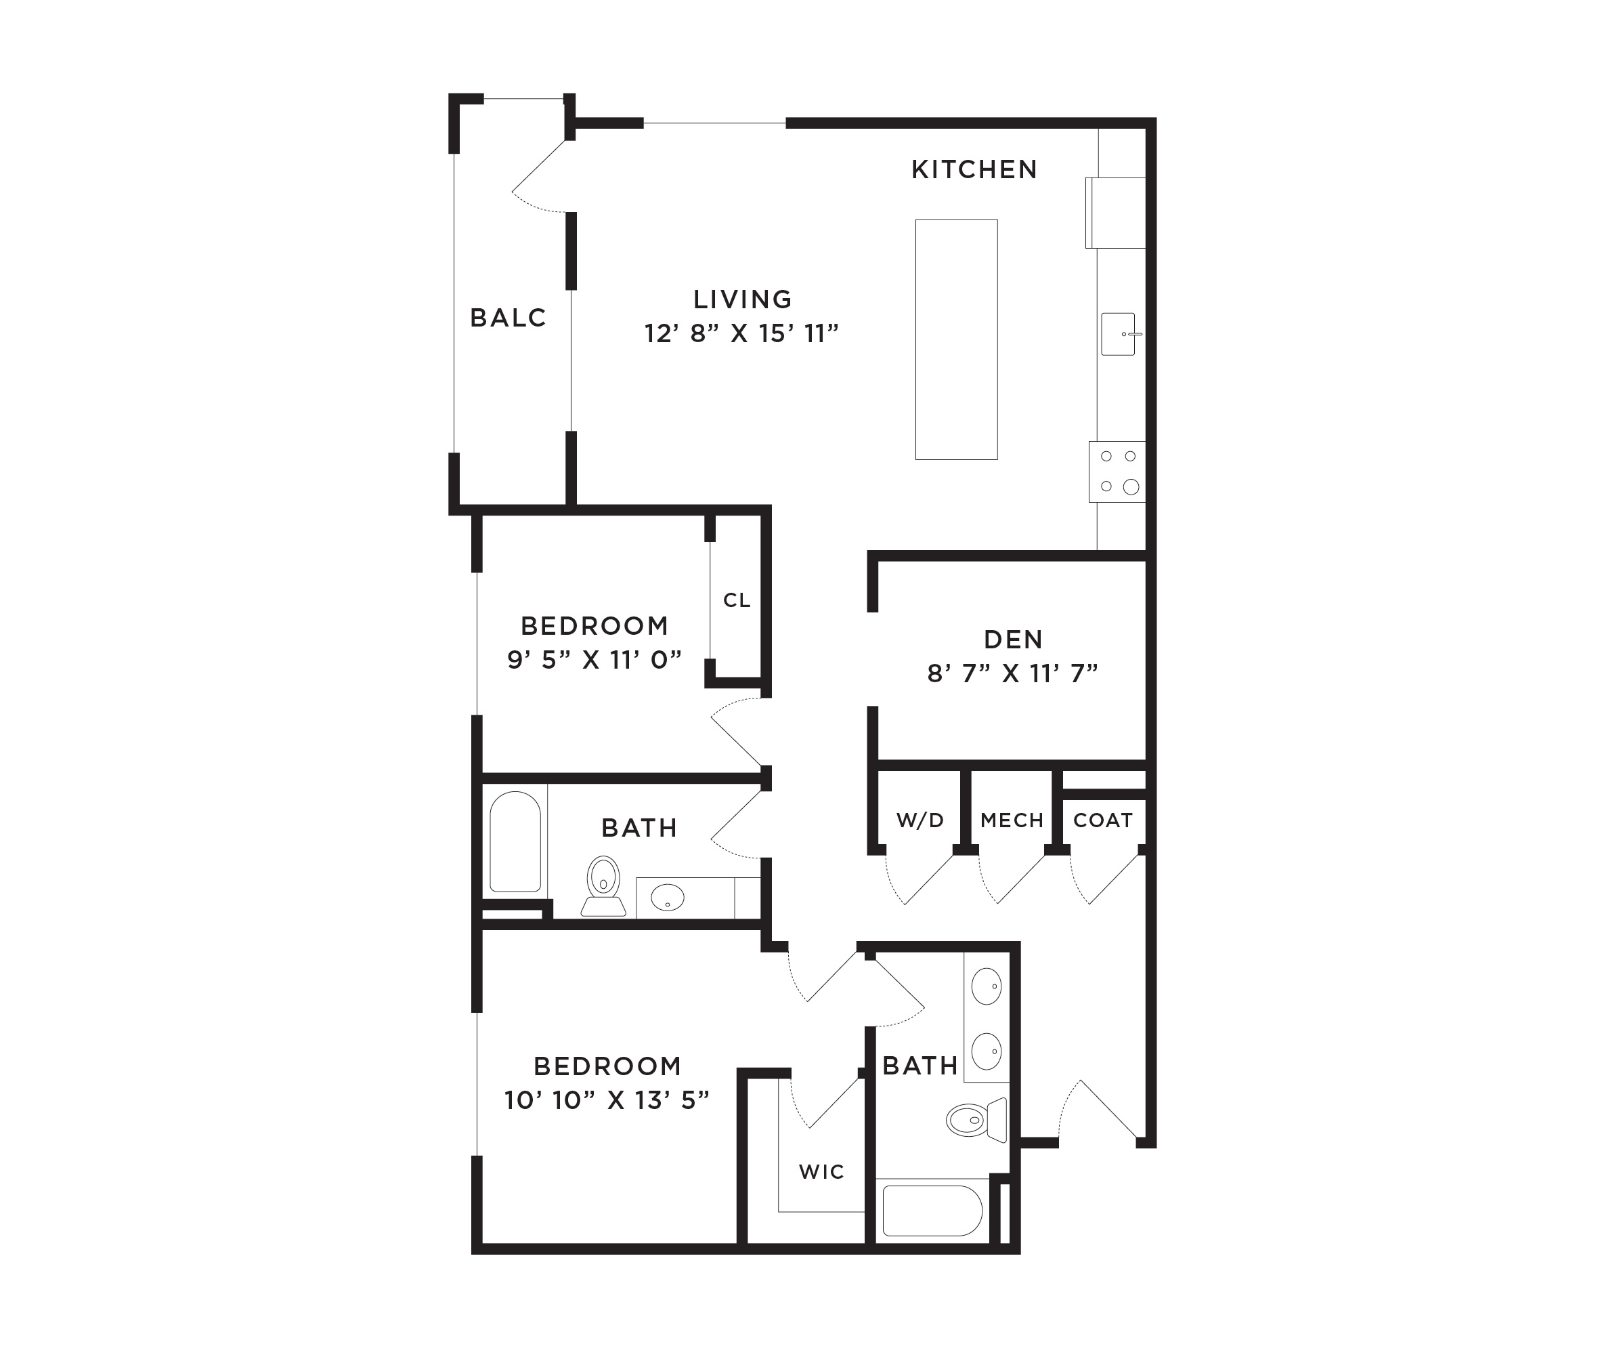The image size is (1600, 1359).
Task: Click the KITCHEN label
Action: tap(974, 169)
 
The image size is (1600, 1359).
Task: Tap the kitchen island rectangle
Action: tap(956, 340)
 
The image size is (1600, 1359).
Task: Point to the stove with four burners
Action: tap(1117, 472)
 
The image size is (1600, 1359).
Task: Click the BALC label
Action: tap(509, 318)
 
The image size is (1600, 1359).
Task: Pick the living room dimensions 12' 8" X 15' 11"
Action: tap(741, 333)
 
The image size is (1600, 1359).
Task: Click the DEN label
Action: tap(1013, 640)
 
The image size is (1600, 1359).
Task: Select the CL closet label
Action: tap(737, 600)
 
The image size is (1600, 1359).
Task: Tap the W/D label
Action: tap(920, 820)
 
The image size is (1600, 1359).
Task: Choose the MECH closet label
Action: tap(1012, 820)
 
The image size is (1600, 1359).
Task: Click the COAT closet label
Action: tap(1102, 820)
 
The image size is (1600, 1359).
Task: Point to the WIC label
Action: tap(821, 1172)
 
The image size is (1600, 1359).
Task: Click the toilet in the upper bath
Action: tap(603, 885)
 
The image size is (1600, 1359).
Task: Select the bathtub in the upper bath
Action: tap(515, 841)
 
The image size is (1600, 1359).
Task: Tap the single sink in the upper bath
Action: tap(668, 897)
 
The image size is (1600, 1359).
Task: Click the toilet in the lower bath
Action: tap(976, 1120)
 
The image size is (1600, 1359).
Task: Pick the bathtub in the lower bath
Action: tap(932, 1211)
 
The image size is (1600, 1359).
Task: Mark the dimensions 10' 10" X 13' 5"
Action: tap(607, 1100)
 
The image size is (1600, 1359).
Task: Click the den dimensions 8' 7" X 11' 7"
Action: tap(1012, 673)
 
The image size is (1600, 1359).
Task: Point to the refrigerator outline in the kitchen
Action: tap(1116, 213)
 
